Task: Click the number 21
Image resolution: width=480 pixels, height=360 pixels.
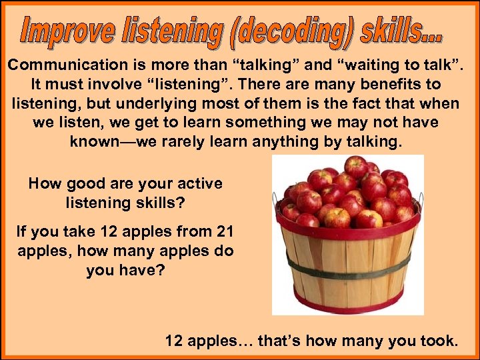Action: click(x=225, y=232)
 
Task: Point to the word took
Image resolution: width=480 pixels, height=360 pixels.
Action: click(x=440, y=341)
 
